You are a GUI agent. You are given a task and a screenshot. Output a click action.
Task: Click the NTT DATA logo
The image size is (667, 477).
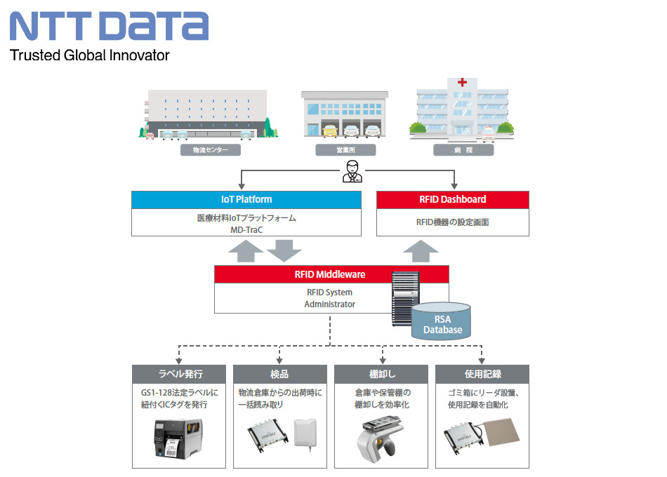tap(109, 26)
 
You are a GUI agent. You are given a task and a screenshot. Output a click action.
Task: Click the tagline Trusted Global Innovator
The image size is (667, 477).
tap(89, 55)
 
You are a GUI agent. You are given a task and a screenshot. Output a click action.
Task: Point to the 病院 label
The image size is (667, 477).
tap(463, 150)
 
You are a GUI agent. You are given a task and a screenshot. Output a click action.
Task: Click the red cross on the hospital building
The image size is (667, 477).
tap(462, 83)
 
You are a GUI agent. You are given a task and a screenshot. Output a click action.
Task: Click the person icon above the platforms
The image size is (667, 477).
tap(352, 172)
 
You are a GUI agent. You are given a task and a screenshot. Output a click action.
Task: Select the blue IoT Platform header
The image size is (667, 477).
tap(246, 199)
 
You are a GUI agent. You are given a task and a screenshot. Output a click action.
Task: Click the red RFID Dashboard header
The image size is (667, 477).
tap(452, 199)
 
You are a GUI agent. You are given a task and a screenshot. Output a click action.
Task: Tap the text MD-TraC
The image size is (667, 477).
tap(246, 229)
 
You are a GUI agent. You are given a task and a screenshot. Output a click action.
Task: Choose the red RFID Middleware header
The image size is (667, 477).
tap(331, 274)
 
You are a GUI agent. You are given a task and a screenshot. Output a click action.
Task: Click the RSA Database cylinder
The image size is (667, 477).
tap(442, 318)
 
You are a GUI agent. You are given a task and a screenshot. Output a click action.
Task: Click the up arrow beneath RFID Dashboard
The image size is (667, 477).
tap(421, 249)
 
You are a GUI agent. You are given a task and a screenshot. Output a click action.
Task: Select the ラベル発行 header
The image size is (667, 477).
tap(180, 374)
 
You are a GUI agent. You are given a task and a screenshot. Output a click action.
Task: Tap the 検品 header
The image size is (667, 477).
tap(279, 374)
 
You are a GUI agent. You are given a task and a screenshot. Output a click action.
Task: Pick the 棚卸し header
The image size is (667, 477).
tap(381, 374)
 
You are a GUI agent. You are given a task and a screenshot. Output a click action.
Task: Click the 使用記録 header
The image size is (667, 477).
tap(482, 374)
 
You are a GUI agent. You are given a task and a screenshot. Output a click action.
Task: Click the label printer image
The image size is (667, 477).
tap(179, 438)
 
